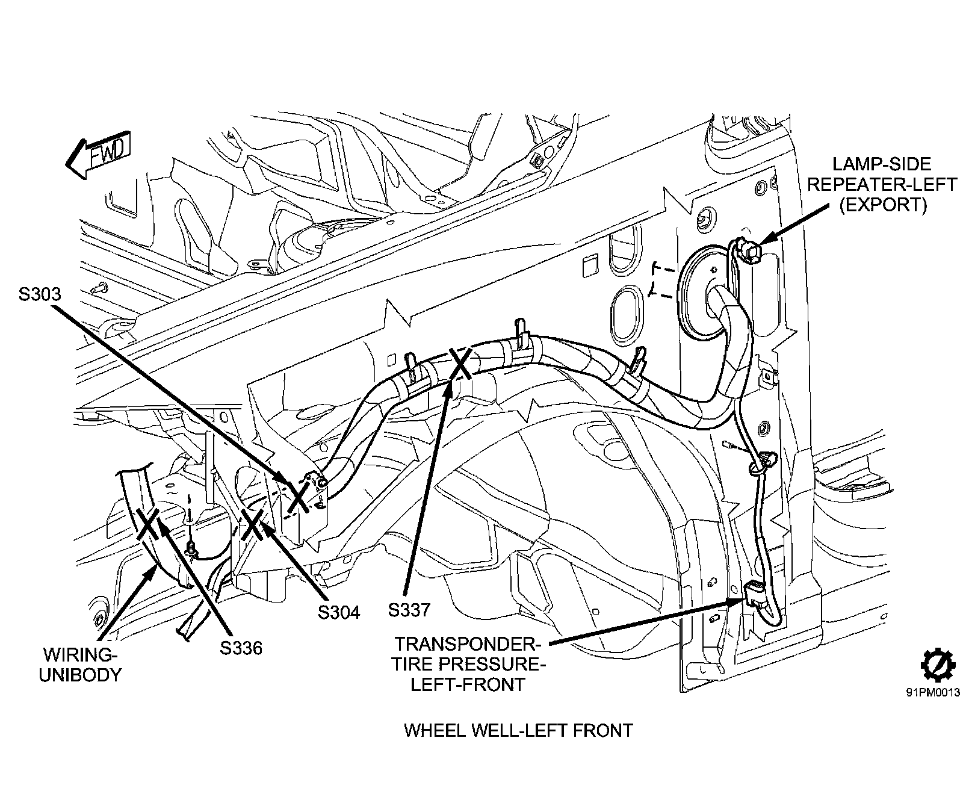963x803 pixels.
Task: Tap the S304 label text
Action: (x=339, y=612)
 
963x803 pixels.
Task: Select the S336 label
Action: (x=241, y=648)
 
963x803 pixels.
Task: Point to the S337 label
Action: (x=409, y=610)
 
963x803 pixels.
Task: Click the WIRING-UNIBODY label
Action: (x=80, y=664)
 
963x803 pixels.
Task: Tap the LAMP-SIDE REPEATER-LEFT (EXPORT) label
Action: (x=882, y=184)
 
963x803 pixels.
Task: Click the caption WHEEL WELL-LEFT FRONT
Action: (x=518, y=731)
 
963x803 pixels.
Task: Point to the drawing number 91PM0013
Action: (x=933, y=692)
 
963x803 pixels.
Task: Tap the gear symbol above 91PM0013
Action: (x=934, y=668)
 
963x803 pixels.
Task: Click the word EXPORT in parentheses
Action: (x=883, y=205)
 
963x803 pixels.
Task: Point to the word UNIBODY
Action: (x=80, y=674)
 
